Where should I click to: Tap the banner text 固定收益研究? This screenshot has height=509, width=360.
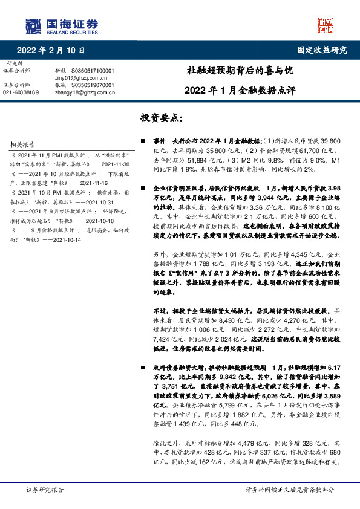[322, 50]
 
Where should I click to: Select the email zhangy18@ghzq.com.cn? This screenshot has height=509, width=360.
[84, 92]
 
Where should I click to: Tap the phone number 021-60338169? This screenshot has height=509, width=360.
[21, 92]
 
